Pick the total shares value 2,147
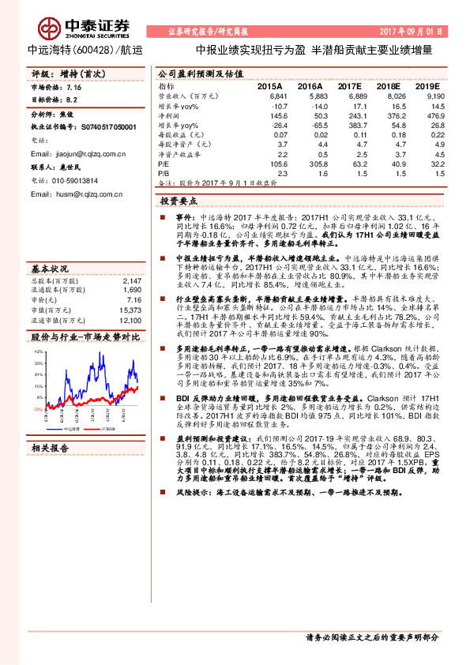tap(132, 258)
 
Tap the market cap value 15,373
tap(130, 288)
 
